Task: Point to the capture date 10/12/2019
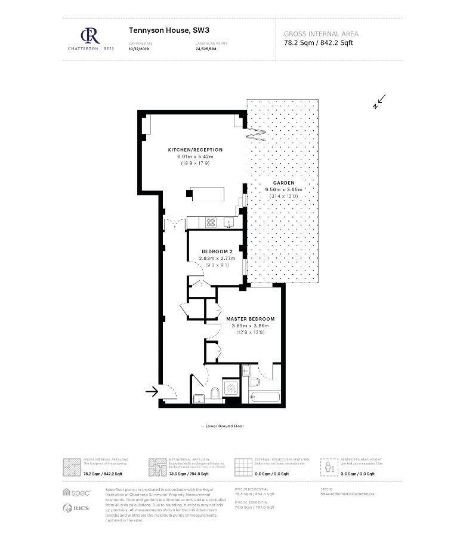(138, 49)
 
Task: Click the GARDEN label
(284, 183)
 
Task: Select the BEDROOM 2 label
(217, 251)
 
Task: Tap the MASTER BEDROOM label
(251, 319)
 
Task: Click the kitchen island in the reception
(207, 194)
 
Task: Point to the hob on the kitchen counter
(211, 222)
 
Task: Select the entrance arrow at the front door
(152, 392)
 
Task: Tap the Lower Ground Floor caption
(223, 426)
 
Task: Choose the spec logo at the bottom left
(77, 492)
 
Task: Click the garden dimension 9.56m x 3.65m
(284, 189)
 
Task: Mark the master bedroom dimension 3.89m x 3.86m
(251, 326)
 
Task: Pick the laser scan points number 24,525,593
(206, 49)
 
